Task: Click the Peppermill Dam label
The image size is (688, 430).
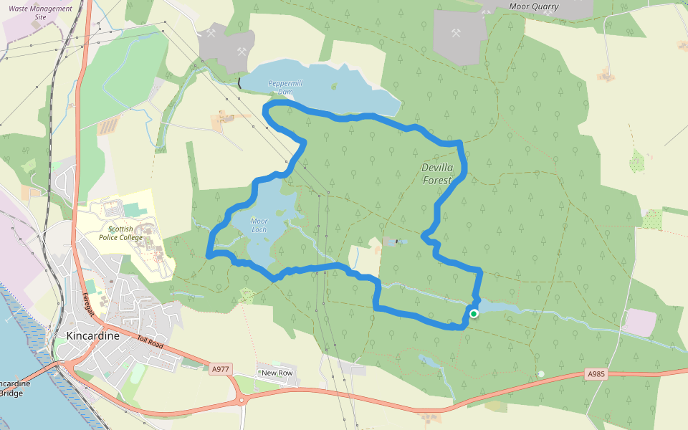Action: [285, 87]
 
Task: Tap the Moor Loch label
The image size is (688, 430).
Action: [259, 225]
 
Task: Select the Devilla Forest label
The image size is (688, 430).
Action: [436, 174]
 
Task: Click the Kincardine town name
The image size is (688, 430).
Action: [92, 335]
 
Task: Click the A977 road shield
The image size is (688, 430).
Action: [221, 369]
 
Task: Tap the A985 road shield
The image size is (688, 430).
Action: [596, 374]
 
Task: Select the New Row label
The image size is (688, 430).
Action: [277, 373]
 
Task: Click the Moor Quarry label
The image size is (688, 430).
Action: [533, 6]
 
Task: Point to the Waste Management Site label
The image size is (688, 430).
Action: [41, 12]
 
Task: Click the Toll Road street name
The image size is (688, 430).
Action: [151, 345]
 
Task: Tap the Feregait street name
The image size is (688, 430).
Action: [88, 305]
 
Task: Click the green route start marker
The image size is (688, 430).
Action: [474, 313]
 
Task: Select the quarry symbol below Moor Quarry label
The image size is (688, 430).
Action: [456, 33]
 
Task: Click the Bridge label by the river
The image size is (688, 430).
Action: [14, 393]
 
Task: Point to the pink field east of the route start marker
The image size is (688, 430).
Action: [639, 322]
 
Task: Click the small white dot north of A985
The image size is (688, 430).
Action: [541, 373]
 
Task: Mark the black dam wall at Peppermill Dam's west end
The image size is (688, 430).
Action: [239, 83]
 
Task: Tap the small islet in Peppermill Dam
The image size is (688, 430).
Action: [333, 86]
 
